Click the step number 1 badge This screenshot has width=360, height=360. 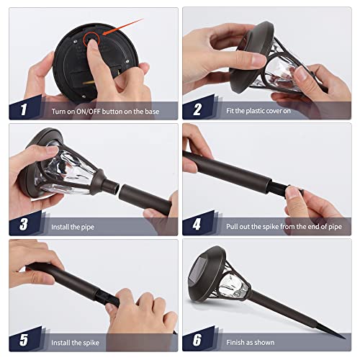tap(24, 109)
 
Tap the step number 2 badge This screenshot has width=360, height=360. tap(197, 109)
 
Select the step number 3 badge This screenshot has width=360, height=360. tap(24, 225)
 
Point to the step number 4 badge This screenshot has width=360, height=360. tap(197, 225)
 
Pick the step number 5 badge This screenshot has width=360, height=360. tap(24, 340)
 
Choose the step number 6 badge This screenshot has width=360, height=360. tap(197, 340)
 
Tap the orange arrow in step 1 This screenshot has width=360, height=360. tap(123, 27)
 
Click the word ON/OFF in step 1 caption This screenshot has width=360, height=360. tap(88, 112)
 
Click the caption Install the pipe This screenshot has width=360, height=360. tap(73, 227)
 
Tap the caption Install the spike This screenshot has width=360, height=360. tap(75, 343)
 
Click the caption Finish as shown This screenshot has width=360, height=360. tap(251, 342)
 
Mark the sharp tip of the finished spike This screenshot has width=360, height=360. tap(345, 338)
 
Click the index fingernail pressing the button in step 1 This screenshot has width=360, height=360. tap(92, 44)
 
